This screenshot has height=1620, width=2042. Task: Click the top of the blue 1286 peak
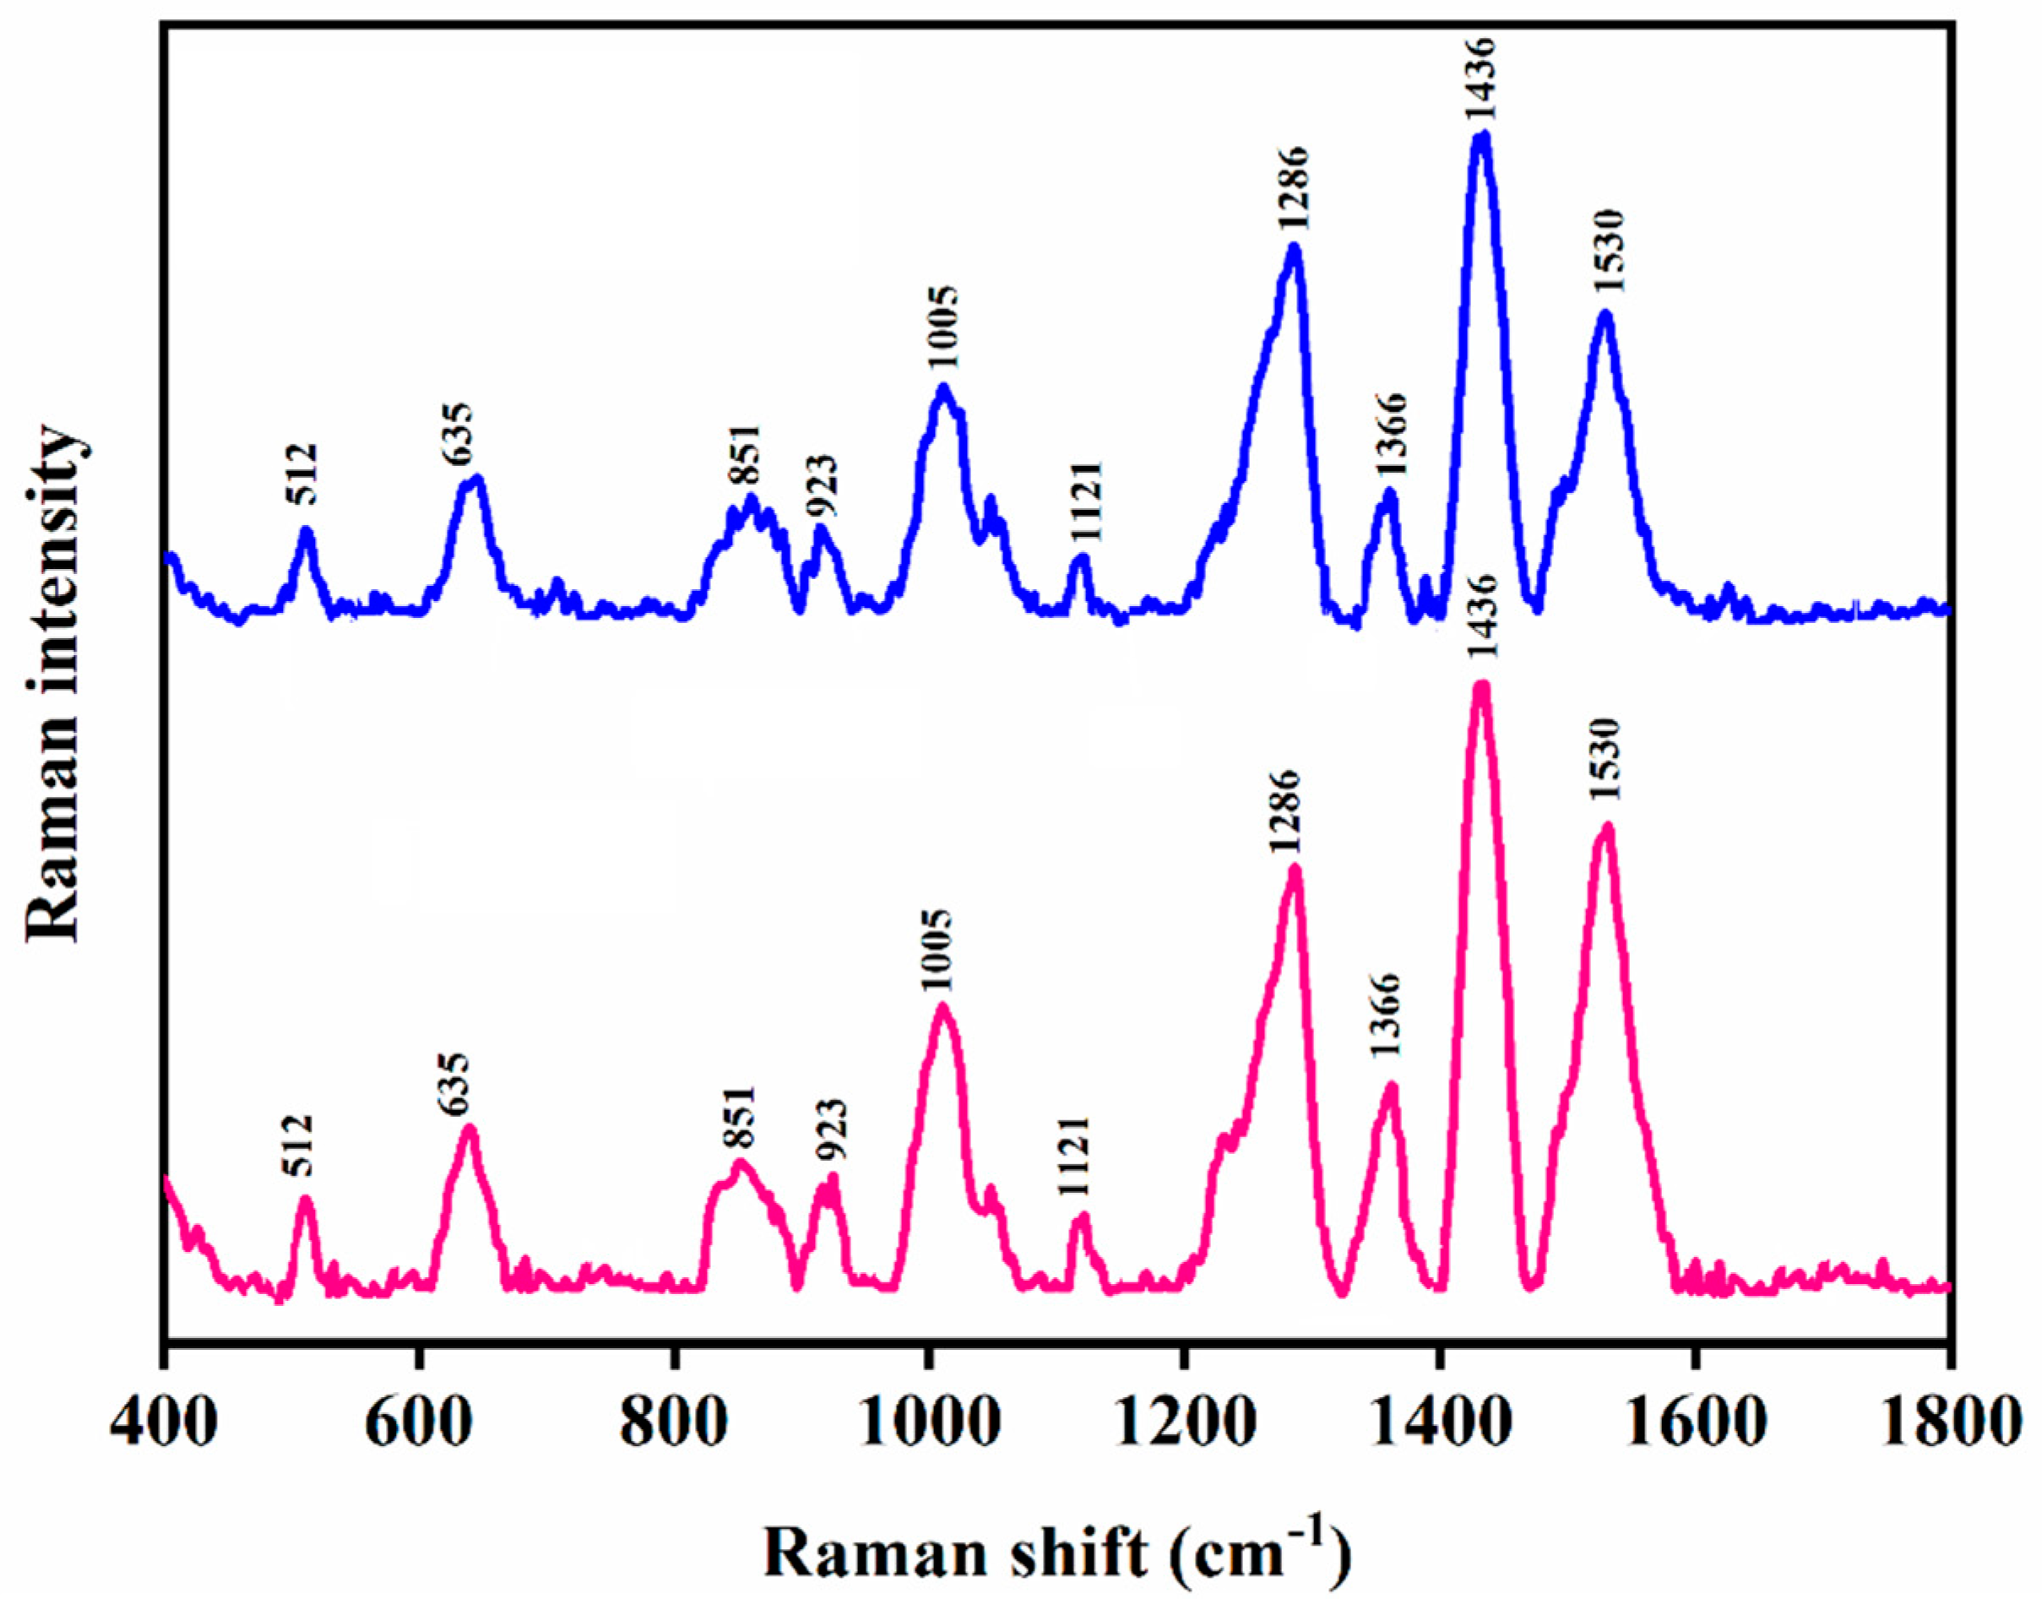[x=1294, y=248]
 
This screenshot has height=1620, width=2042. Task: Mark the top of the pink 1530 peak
[x=1606, y=827]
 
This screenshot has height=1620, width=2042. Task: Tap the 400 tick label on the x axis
[x=163, y=1423]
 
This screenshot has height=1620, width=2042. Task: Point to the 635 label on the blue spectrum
[x=458, y=434]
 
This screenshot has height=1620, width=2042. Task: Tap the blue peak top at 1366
[x=1388, y=493]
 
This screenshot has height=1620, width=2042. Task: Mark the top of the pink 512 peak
[x=304, y=1200]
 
